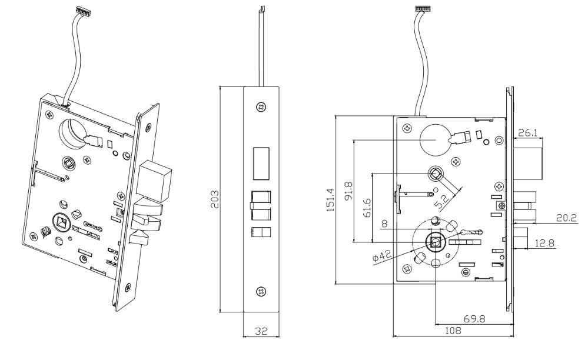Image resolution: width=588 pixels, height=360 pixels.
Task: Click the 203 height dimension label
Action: click(215, 200)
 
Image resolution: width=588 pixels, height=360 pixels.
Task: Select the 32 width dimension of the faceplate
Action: click(261, 332)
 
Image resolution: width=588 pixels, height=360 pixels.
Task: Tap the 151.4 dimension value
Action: click(331, 201)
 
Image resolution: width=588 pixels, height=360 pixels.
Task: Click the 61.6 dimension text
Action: click(367, 208)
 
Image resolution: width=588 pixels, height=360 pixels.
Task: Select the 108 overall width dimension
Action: click(453, 331)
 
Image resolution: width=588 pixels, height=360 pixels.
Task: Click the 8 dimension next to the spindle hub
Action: click(383, 224)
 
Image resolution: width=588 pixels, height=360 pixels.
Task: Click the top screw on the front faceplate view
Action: click(261, 106)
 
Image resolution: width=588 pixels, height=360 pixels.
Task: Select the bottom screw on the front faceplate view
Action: click(261, 292)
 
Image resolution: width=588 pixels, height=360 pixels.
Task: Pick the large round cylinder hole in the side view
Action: click(435, 139)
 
